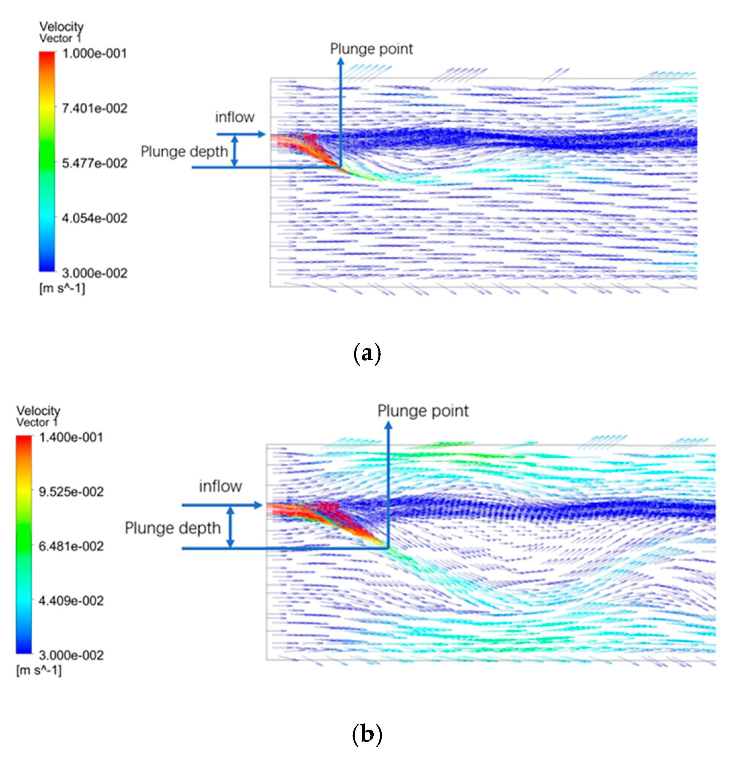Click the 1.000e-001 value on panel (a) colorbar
94,53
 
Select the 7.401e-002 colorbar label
94,108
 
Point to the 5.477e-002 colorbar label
94,163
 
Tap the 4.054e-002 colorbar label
94,218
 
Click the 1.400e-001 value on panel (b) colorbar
71,437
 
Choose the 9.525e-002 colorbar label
71,492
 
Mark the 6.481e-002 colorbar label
71,546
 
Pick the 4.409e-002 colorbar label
71,601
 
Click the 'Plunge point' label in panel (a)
371,49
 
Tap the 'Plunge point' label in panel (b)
423,411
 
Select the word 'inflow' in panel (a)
235,117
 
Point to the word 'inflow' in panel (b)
220,487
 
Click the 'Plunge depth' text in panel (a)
184,152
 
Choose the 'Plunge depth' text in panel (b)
172,528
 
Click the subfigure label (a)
367,353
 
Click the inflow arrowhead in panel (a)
262,134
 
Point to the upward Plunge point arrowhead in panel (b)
388,425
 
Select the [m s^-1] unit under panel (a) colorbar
62,289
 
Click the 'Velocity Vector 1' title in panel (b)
38,416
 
